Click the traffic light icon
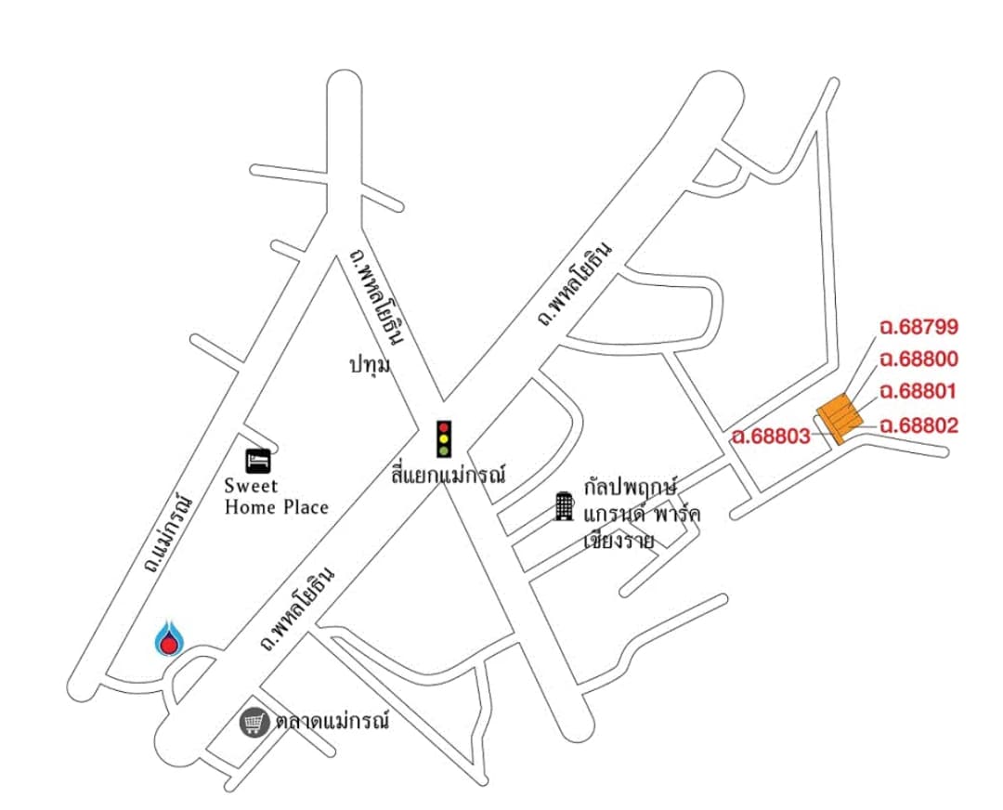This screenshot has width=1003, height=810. (x=444, y=439)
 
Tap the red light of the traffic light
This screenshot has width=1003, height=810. (x=444, y=427)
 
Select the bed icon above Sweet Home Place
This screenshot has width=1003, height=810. (x=258, y=460)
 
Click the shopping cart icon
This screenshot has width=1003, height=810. (x=254, y=723)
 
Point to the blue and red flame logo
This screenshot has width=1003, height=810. (x=170, y=638)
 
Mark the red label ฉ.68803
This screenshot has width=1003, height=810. (x=772, y=437)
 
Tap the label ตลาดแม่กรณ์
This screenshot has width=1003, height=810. (x=332, y=723)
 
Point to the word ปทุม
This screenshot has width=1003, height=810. (x=370, y=366)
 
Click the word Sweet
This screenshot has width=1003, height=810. (x=252, y=486)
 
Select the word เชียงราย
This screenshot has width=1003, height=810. (x=619, y=542)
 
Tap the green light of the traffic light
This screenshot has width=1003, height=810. (x=444, y=451)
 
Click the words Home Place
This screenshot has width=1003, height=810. (x=277, y=508)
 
